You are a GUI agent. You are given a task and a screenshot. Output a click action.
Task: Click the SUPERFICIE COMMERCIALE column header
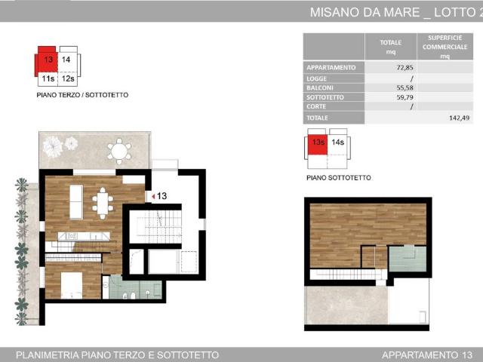(445, 46)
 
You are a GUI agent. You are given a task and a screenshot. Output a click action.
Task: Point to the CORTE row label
(316, 107)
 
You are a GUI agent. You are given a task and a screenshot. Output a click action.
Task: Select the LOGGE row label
(317, 78)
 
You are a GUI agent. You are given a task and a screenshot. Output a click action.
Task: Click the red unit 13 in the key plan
(48, 60)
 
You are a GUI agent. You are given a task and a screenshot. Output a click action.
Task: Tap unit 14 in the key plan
(66, 59)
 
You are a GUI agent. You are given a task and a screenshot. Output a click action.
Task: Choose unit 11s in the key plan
(48, 78)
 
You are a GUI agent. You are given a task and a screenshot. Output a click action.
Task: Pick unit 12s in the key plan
(67, 78)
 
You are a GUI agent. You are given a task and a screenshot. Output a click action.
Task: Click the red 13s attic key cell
(317, 143)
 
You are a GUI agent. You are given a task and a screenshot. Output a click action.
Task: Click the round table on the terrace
(119, 151)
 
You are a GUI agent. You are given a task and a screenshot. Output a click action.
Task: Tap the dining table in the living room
(103, 201)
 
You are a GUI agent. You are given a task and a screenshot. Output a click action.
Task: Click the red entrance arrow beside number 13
(153, 197)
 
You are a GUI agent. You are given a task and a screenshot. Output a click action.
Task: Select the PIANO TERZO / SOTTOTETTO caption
(82, 96)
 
